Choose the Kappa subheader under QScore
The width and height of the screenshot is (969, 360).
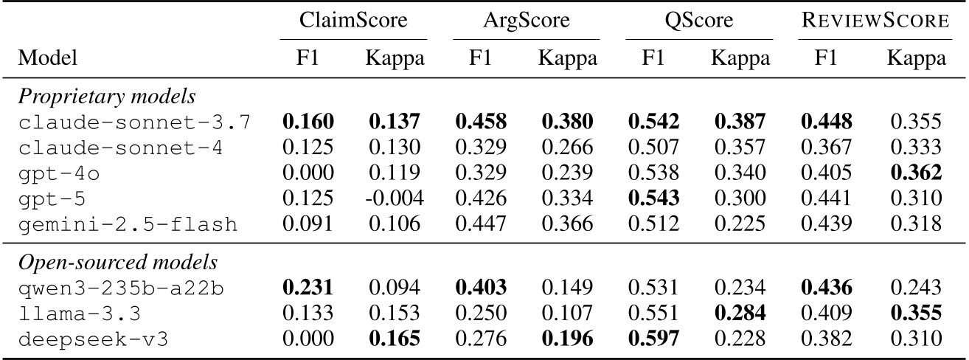click(740, 58)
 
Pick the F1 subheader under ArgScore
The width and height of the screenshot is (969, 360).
click(481, 58)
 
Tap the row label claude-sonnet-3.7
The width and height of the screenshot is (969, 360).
click(133, 122)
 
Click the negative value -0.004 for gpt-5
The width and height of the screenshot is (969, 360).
click(395, 199)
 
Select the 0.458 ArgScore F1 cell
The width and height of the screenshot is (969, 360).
click(481, 122)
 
